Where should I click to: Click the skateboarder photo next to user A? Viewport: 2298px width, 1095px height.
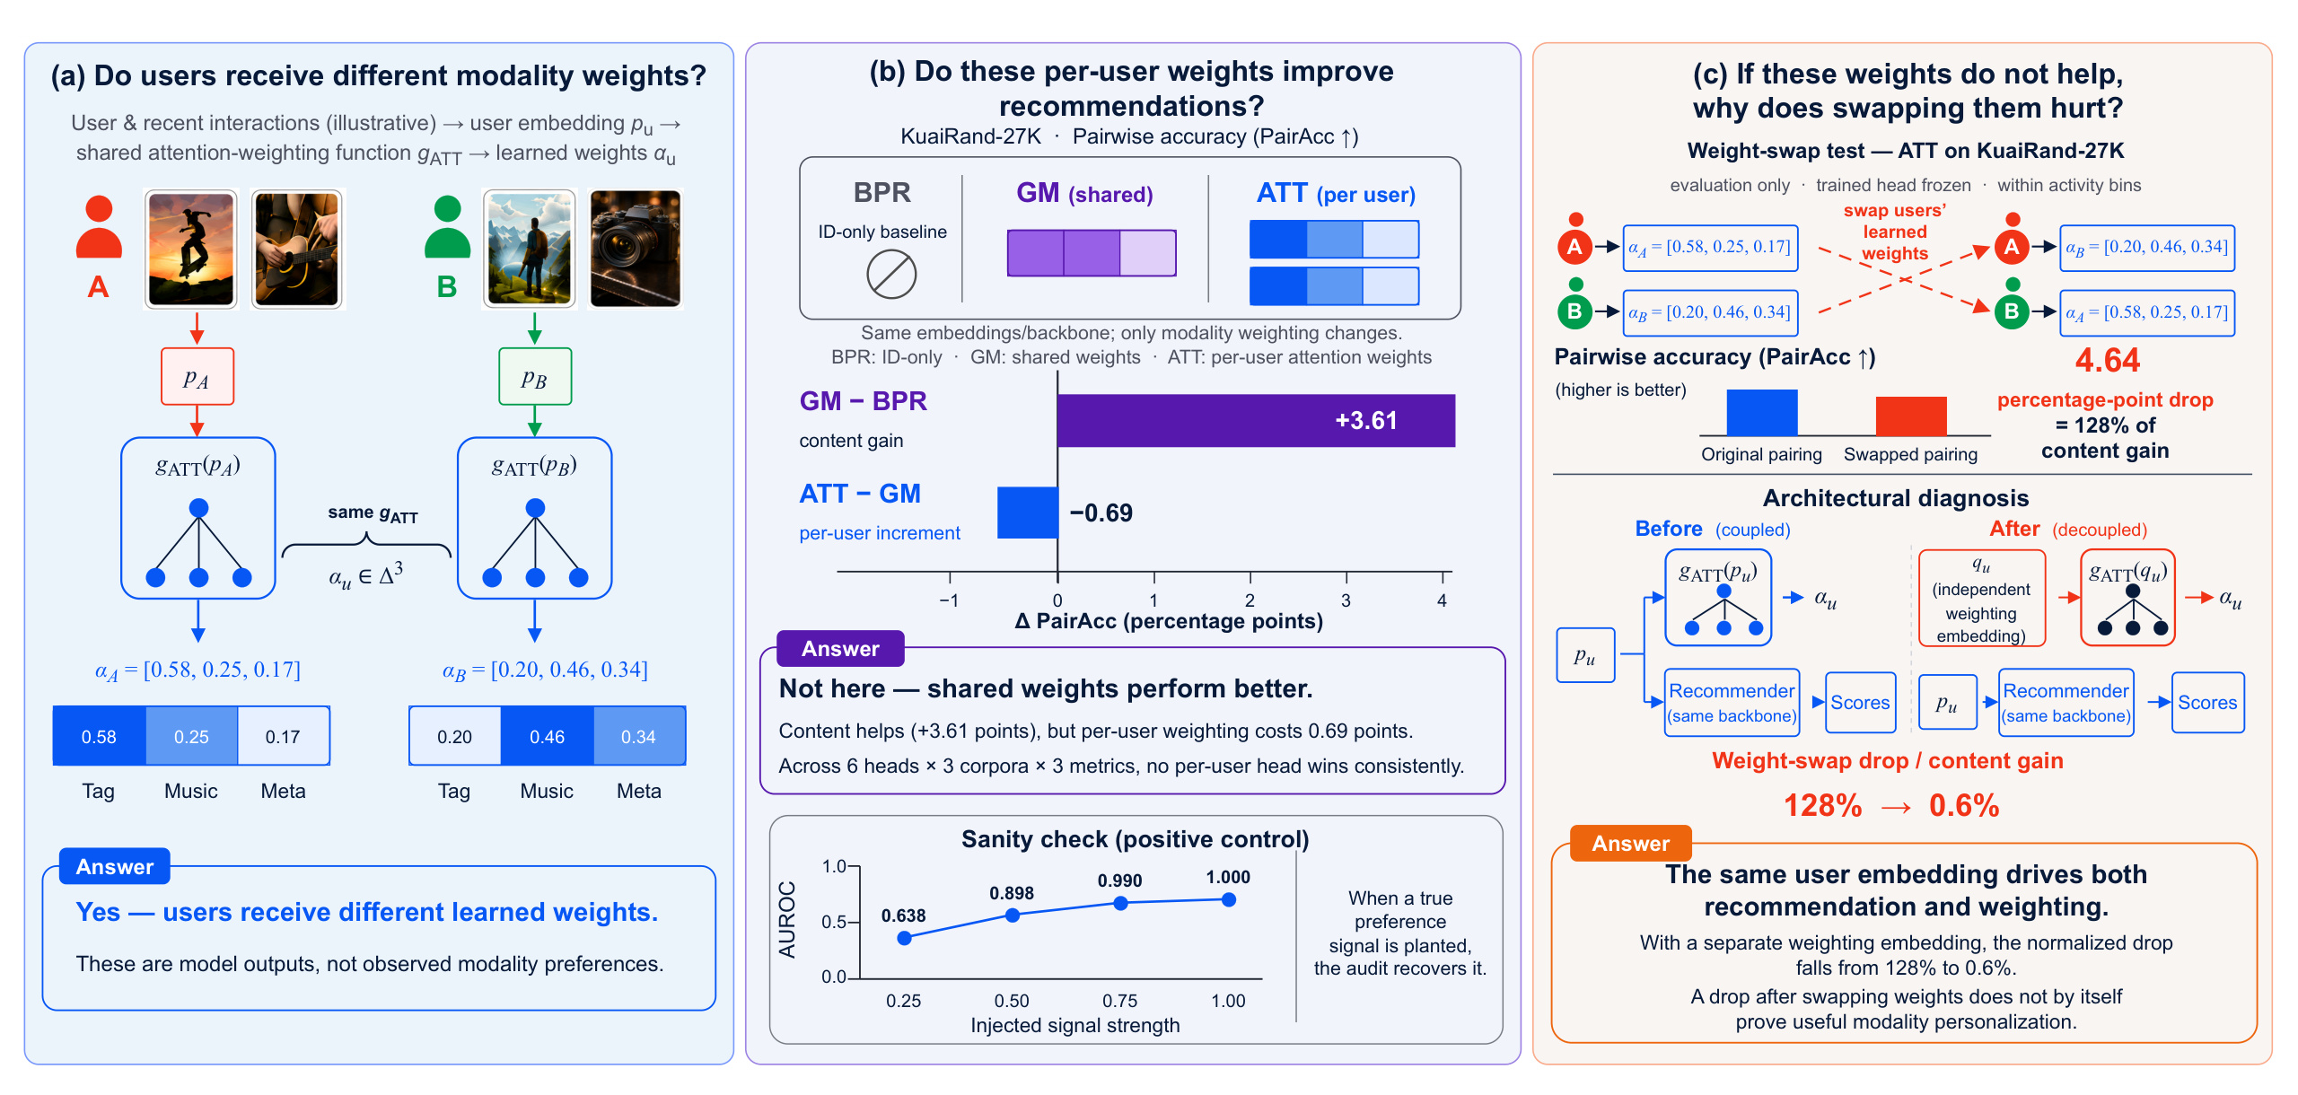point(191,249)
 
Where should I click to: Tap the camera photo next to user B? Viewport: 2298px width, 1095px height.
point(636,249)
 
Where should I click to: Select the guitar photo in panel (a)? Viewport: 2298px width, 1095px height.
point(297,249)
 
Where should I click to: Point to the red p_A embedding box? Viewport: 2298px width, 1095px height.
point(197,376)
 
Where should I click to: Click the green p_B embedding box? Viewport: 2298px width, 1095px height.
point(535,376)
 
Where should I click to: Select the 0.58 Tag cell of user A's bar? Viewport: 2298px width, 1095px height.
point(100,736)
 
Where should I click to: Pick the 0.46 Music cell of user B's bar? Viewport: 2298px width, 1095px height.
point(547,736)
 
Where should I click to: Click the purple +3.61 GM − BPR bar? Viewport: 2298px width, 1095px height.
point(1256,420)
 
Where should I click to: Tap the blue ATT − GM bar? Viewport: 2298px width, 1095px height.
point(1028,512)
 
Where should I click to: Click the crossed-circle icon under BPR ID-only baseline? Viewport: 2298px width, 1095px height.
point(891,275)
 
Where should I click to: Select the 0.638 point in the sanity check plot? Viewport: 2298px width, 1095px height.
point(905,938)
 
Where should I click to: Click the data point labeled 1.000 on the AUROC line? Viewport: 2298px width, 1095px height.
point(1229,899)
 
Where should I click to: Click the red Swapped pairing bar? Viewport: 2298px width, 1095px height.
point(1911,416)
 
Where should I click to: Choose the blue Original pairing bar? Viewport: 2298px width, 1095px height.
point(1762,413)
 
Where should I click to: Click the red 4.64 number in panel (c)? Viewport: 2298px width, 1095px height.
point(2107,361)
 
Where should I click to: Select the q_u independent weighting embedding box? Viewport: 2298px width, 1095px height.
point(1982,598)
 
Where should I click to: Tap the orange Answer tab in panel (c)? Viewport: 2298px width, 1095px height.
point(1630,844)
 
